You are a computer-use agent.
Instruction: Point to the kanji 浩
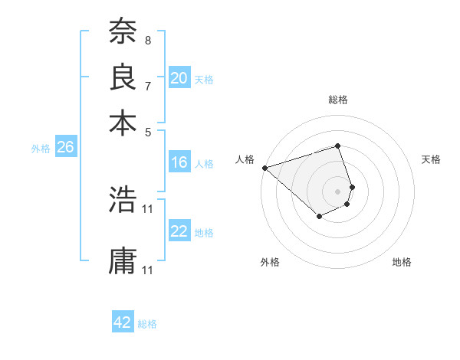point(123,200)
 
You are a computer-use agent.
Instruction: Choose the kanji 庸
point(123,261)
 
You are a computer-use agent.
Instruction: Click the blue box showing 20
point(179,78)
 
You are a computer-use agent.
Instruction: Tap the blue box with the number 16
point(179,162)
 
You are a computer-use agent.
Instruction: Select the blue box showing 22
point(179,232)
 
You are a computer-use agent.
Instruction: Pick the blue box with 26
point(65,148)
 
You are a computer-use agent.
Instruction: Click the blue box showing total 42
point(123,322)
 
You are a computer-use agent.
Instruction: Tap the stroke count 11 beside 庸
point(148,270)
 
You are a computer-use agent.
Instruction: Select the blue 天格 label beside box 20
point(204,80)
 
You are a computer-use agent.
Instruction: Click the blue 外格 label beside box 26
point(41,149)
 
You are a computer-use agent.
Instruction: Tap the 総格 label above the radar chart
point(337,100)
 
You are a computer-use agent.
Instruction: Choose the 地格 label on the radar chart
point(402,262)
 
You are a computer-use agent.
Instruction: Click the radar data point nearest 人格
point(264,167)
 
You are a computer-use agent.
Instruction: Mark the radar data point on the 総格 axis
point(337,146)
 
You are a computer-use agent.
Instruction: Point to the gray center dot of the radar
point(337,191)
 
